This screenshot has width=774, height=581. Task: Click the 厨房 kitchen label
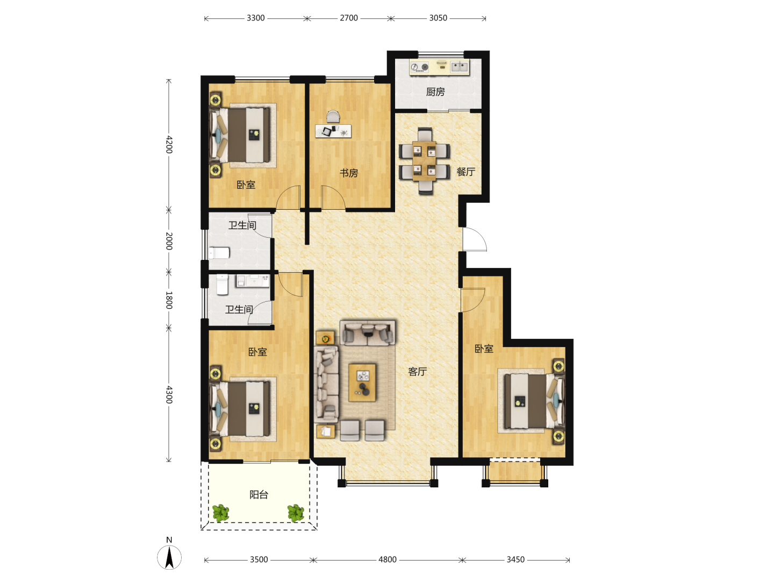(x=435, y=92)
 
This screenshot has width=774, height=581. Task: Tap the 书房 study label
(x=349, y=173)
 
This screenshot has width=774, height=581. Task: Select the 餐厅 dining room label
(x=466, y=172)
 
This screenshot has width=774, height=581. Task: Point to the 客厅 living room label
(x=418, y=371)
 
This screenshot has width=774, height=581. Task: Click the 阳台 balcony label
(x=259, y=494)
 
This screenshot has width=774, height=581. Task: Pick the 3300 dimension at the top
(x=256, y=18)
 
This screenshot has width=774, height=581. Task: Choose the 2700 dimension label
(x=349, y=18)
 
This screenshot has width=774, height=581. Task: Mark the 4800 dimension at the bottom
(x=387, y=559)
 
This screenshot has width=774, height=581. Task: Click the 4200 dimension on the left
(x=169, y=144)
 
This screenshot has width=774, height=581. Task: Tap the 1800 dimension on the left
(x=169, y=300)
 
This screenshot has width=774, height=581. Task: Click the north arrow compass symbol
(x=169, y=557)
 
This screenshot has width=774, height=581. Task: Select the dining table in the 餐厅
(x=424, y=161)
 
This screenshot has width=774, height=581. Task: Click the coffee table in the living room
(x=362, y=382)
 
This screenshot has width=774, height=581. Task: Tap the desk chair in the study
(x=333, y=117)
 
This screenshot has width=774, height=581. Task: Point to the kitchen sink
(x=460, y=66)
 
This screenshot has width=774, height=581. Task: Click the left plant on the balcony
(x=221, y=513)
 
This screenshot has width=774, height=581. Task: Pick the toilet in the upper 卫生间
(x=219, y=253)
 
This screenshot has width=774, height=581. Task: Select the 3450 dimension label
(x=515, y=559)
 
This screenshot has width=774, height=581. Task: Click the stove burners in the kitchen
(x=420, y=67)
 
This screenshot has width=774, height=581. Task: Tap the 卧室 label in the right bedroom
(x=484, y=349)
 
